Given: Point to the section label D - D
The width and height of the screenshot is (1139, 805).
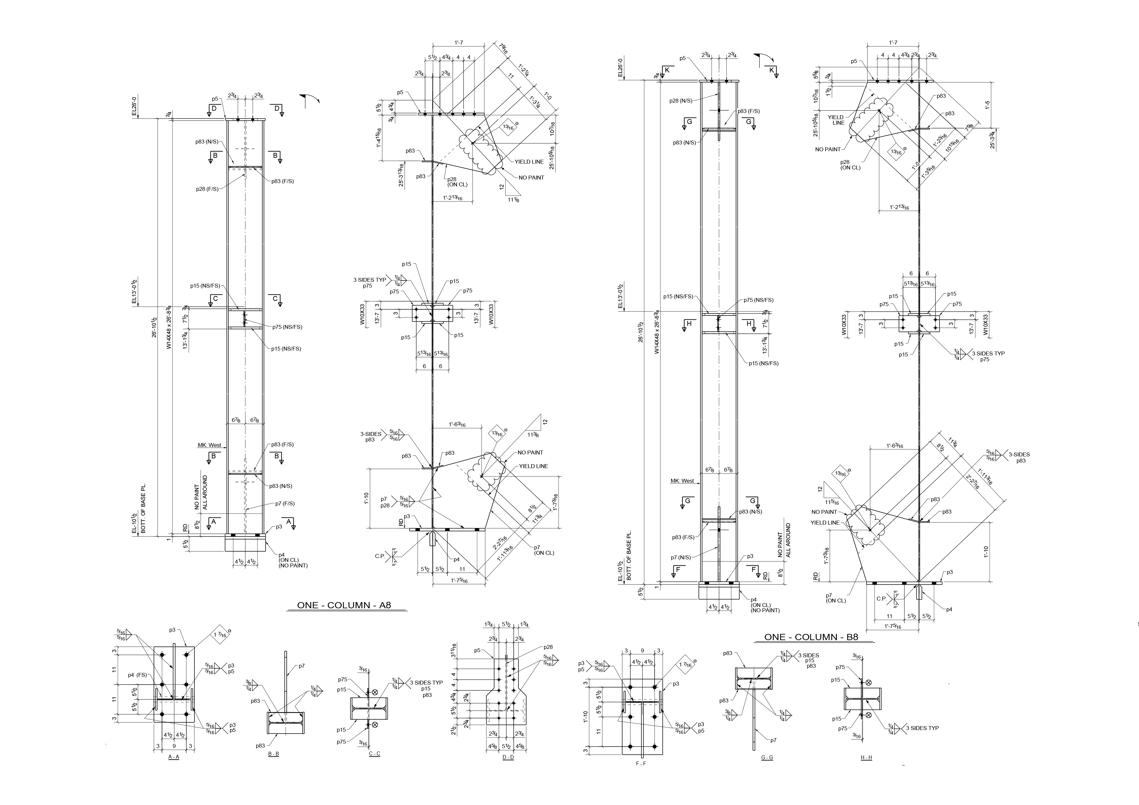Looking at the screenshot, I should (x=508, y=757).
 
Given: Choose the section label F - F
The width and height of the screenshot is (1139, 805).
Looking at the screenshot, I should (x=641, y=764).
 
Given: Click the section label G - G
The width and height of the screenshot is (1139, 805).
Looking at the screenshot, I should (x=767, y=757).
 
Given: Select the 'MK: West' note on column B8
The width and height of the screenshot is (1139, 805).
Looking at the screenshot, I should (x=682, y=481).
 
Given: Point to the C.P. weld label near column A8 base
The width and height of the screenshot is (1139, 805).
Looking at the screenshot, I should (x=380, y=556).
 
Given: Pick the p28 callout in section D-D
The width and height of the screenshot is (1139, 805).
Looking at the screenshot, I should (x=548, y=647).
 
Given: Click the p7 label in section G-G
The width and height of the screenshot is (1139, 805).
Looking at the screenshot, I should (x=773, y=740).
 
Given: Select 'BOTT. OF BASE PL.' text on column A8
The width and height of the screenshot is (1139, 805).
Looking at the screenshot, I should (x=144, y=508).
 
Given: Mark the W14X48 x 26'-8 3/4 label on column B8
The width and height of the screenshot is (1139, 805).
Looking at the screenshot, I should (x=657, y=332).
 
